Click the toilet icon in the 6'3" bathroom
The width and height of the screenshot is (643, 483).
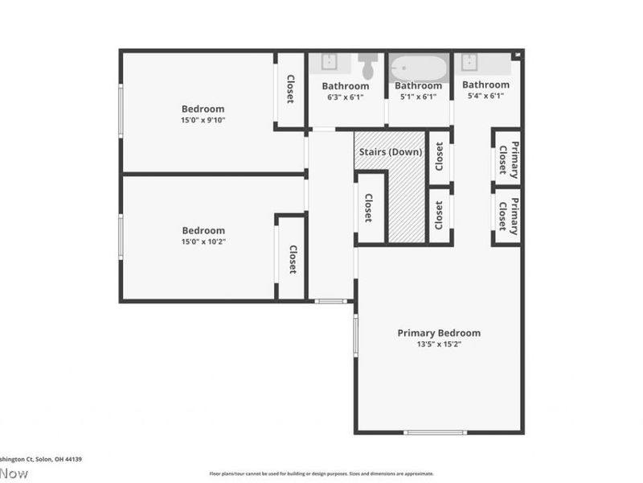[368, 64]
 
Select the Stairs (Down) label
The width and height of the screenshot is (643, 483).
[389, 152]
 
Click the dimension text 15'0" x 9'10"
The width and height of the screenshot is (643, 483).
[203, 121]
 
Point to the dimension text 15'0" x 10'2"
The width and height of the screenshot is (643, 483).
[203, 242]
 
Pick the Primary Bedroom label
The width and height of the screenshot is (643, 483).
[439, 332]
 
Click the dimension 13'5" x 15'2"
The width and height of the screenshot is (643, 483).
[439, 344]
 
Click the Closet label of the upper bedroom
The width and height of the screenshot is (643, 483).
[290, 89]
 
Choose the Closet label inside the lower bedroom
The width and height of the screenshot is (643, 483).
[293, 260]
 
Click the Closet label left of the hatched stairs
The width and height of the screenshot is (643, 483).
[368, 208]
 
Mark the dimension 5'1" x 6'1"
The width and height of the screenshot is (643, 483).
[418, 97]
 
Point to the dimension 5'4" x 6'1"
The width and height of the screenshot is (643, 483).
[485, 96]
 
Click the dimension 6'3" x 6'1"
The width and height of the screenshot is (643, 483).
[346, 97]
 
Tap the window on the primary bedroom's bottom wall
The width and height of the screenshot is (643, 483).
[435, 432]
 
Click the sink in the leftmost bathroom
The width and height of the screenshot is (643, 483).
[330, 61]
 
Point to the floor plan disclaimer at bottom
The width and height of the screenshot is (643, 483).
[321, 473]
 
